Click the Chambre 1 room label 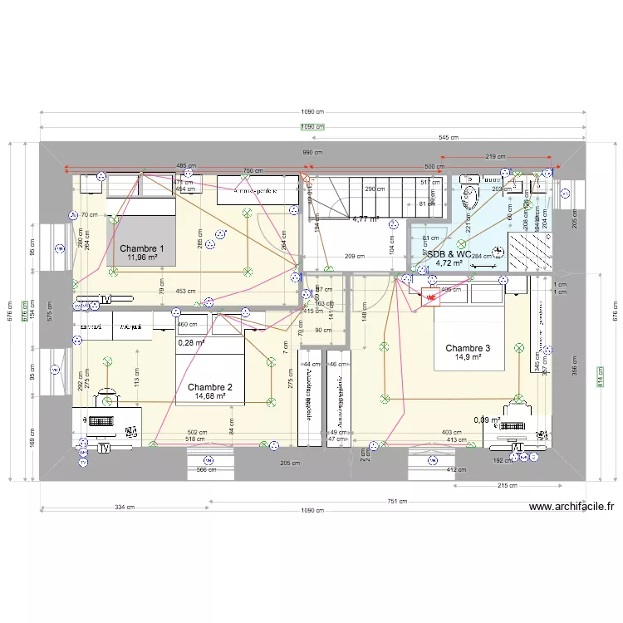pyautogui.click(x=141, y=248)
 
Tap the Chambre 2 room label pyautogui.click(x=209, y=387)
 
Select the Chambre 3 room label pyautogui.click(x=468, y=348)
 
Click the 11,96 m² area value pyautogui.click(x=141, y=258)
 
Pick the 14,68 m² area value pyautogui.click(x=209, y=397)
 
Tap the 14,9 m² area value pyautogui.click(x=468, y=358)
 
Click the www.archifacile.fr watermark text pyautogui.click(x=571, y=507)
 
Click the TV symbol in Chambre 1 pyautogui.click(x=105, y=299)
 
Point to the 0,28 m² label pyautogui.click(x=191, y=341)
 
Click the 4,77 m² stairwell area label pyautogui.click(x=365, y=220)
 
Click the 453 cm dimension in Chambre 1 pyautogui.click(x=185, y=292)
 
